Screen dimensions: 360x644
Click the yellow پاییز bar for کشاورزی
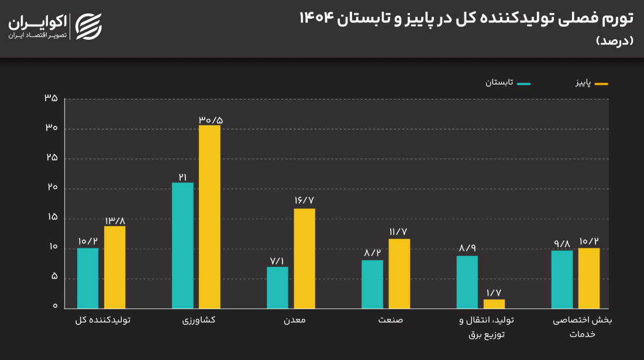tap(209, 217)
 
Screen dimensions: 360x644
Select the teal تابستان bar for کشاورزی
tap(182, 245)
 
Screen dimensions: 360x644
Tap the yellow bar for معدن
tap(304, 258)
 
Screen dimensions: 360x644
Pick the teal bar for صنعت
tap(372, 284)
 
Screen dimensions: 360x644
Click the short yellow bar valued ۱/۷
tap(494, 304)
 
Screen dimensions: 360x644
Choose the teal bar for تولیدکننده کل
tap(88, 278)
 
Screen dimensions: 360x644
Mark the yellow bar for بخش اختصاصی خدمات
tap(588, 278)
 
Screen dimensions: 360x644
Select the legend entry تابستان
tap(507, 83)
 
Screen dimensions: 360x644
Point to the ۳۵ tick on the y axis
tap(51, 98)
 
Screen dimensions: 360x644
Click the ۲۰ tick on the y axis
tap(51, 188)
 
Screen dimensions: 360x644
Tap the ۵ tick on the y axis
tap(54, 277)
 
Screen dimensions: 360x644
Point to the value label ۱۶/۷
tap(304, 200)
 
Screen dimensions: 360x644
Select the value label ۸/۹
tap(467, 248)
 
